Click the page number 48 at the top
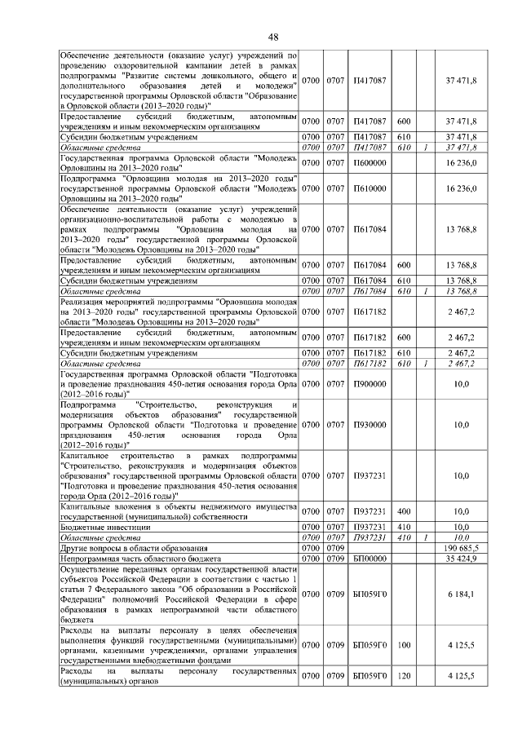point(273,36)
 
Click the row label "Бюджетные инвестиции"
point(99,528)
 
